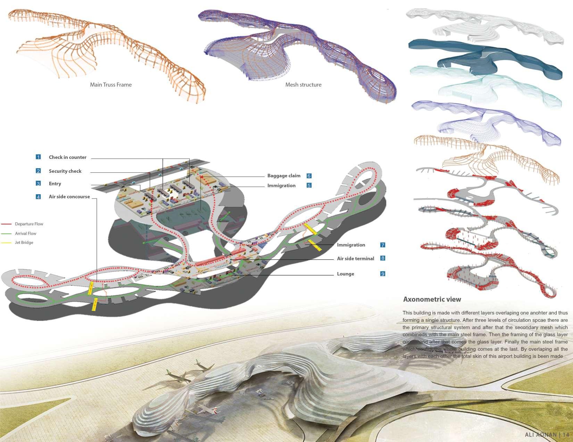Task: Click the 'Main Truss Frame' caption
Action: pyautogui.click(x=111, y=85)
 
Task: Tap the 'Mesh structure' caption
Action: pyautogui.click(x=303, y=85)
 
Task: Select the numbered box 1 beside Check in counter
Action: pyautogui.click(x=38, y=157)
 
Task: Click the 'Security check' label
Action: pyautogui.click(x=65, y=171)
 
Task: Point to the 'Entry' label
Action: pyautogui.click(x=55, y=184)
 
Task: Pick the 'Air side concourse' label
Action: pyautogui.click(x=69, y=197)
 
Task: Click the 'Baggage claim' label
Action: pyautogui.click(x=284, y=176)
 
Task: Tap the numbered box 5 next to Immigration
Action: pyautogui.click(x=309, y=186)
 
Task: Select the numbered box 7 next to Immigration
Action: pyautogui.click(x=383, y=245)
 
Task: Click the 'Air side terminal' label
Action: pyautogui.click(x=355, y=258)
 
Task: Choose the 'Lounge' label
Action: pyautogui.click(x=346, y=274)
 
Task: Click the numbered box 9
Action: pyautogui.click(x=383, y=274)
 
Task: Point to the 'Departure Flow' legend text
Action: pyautogui.click(x=29, y=224)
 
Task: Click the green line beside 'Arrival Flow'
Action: pyautogui.click(x=6, y=233)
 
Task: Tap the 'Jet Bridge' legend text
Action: pyautogui.click(x=24, y=243)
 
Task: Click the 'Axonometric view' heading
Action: pyautogui.click(x=432, y=299)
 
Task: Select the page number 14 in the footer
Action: pyautogui.click(x=566, y=435)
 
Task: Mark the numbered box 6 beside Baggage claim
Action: pyautogui.click(x=309, y=176)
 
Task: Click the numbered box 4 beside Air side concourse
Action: pyautogui.click(x=38, y=197)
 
